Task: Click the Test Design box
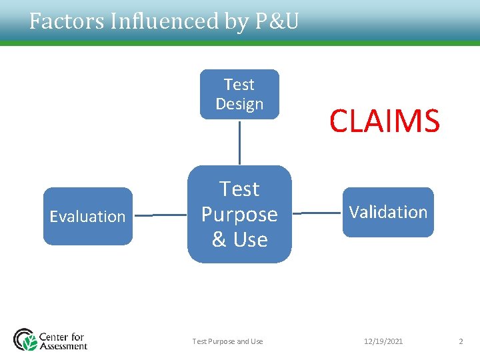click(239, 94)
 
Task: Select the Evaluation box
click(88, 216)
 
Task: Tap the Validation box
click(388, 212)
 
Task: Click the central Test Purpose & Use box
click(239, 214)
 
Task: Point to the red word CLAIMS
click(385, 121)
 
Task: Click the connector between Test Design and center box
click(239, 142)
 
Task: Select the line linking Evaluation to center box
click(160, 215)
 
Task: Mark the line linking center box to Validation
click(317, 213)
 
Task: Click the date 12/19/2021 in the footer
click(383, 341)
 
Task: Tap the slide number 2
click(461, 341)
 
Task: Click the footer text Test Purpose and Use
click(227, 341)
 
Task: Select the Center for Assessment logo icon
click(25, 339)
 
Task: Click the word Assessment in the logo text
click(63, 346)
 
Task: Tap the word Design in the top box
click(239, 104)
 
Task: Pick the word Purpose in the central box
click(239, 214)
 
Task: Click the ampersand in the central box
click(219, 239)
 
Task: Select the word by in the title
click(233, 22)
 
